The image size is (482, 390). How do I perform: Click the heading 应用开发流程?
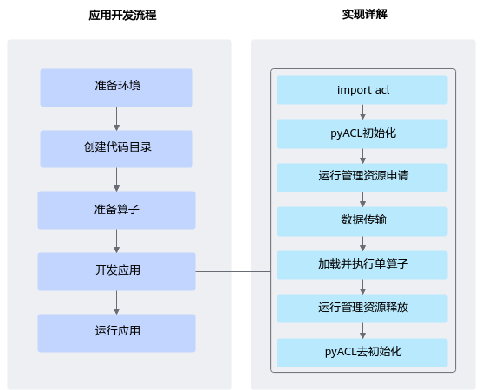(122, 15)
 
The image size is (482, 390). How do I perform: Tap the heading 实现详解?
(365, 15)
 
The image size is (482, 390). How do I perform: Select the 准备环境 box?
(116, 88)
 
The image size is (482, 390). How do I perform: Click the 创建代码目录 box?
(116, 149)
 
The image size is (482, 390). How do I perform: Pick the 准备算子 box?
(116, 211)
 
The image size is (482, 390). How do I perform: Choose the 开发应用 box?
(116, 271)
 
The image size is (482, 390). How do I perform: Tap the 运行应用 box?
(116, 333)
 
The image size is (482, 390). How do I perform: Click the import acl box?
(362, 90)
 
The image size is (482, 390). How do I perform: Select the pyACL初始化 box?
(362, 134)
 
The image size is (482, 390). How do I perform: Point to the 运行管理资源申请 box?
(362, 178)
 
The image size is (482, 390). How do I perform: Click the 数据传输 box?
(362, 221)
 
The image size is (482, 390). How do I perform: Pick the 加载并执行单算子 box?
(362, 265)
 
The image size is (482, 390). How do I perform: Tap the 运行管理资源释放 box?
(362, 309)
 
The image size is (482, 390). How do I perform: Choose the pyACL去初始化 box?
(362, 353)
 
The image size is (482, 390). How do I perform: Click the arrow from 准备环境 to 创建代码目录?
(116, 119)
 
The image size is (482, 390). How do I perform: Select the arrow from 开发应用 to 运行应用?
(116, 302)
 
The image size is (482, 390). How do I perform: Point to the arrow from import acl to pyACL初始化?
(362, 112)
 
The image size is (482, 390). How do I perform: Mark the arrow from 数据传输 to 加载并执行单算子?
(362, 244)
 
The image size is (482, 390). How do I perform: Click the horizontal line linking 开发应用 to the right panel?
(233, 271)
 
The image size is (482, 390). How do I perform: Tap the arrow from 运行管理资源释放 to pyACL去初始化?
(362, 331)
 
